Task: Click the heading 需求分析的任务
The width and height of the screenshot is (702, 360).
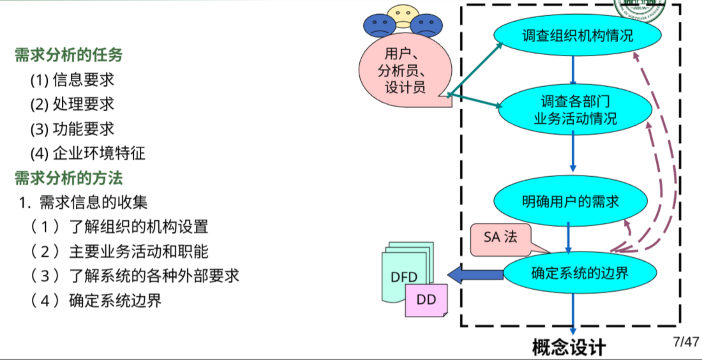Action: [68, 56]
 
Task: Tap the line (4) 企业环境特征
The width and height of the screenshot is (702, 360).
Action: [87, 153]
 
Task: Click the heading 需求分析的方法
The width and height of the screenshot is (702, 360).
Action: [68, 177]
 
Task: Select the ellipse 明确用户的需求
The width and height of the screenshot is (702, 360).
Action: [571, 201]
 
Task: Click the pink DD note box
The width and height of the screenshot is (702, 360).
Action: [426, 299]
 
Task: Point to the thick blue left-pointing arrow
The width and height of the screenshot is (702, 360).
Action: [475, 275]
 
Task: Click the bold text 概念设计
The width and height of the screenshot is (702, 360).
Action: [569, 347]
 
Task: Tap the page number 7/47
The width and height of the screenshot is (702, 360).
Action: [685, 341]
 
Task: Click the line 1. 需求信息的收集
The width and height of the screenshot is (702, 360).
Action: [83, 202]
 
